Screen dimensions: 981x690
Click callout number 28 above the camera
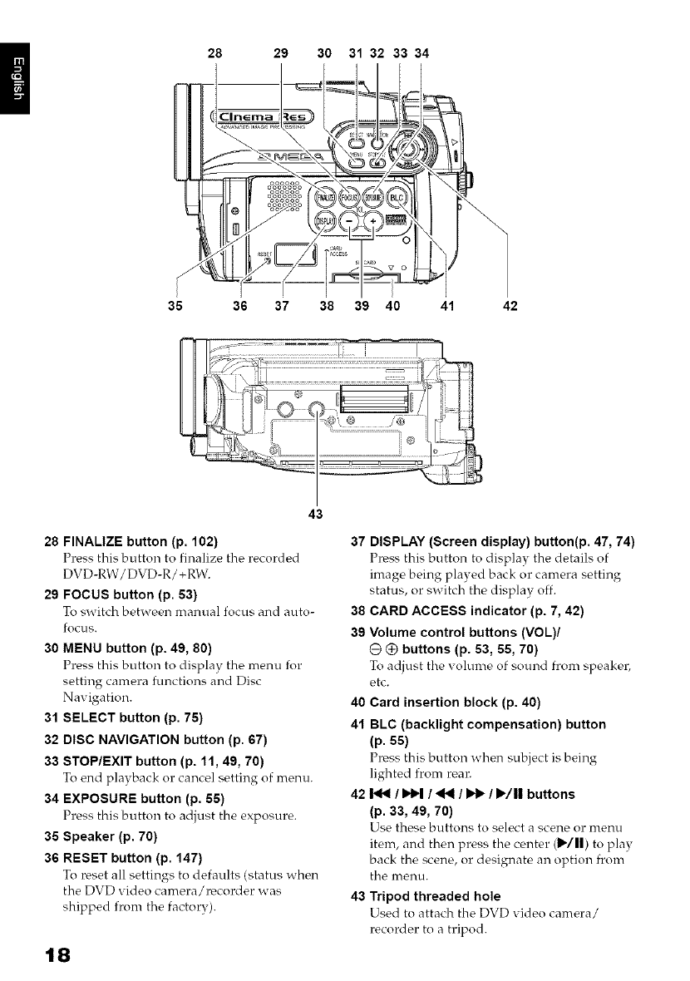[x=214, y=52]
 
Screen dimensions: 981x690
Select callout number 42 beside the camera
[x=510, y=305]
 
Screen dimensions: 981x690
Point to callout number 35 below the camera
[x=175, y=305]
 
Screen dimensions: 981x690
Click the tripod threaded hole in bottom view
[x=316, y=409]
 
